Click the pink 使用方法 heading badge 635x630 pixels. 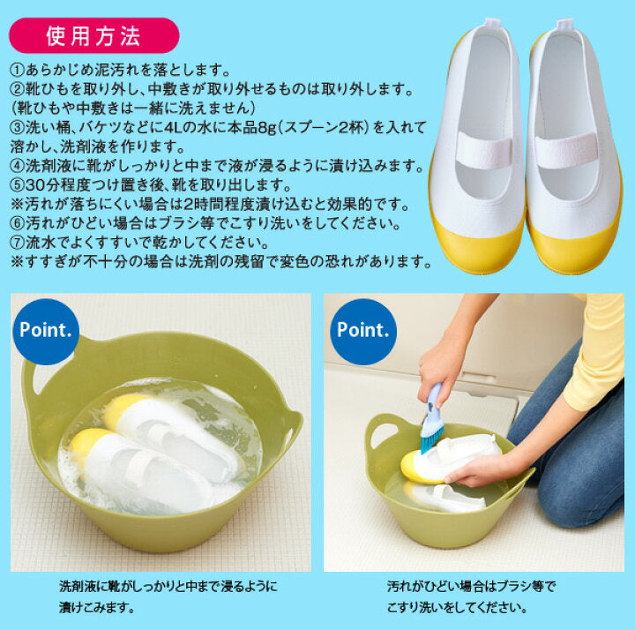[94, 35]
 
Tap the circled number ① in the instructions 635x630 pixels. [18, 71]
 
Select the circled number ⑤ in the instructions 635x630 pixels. [18, 184]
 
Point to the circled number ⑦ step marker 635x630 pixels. [18, 243]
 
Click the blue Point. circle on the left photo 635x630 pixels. [45, 331]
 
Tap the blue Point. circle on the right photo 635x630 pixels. [362, 331]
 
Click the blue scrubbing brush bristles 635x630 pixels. [431, 437]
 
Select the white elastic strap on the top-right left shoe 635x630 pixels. [483, 149]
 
